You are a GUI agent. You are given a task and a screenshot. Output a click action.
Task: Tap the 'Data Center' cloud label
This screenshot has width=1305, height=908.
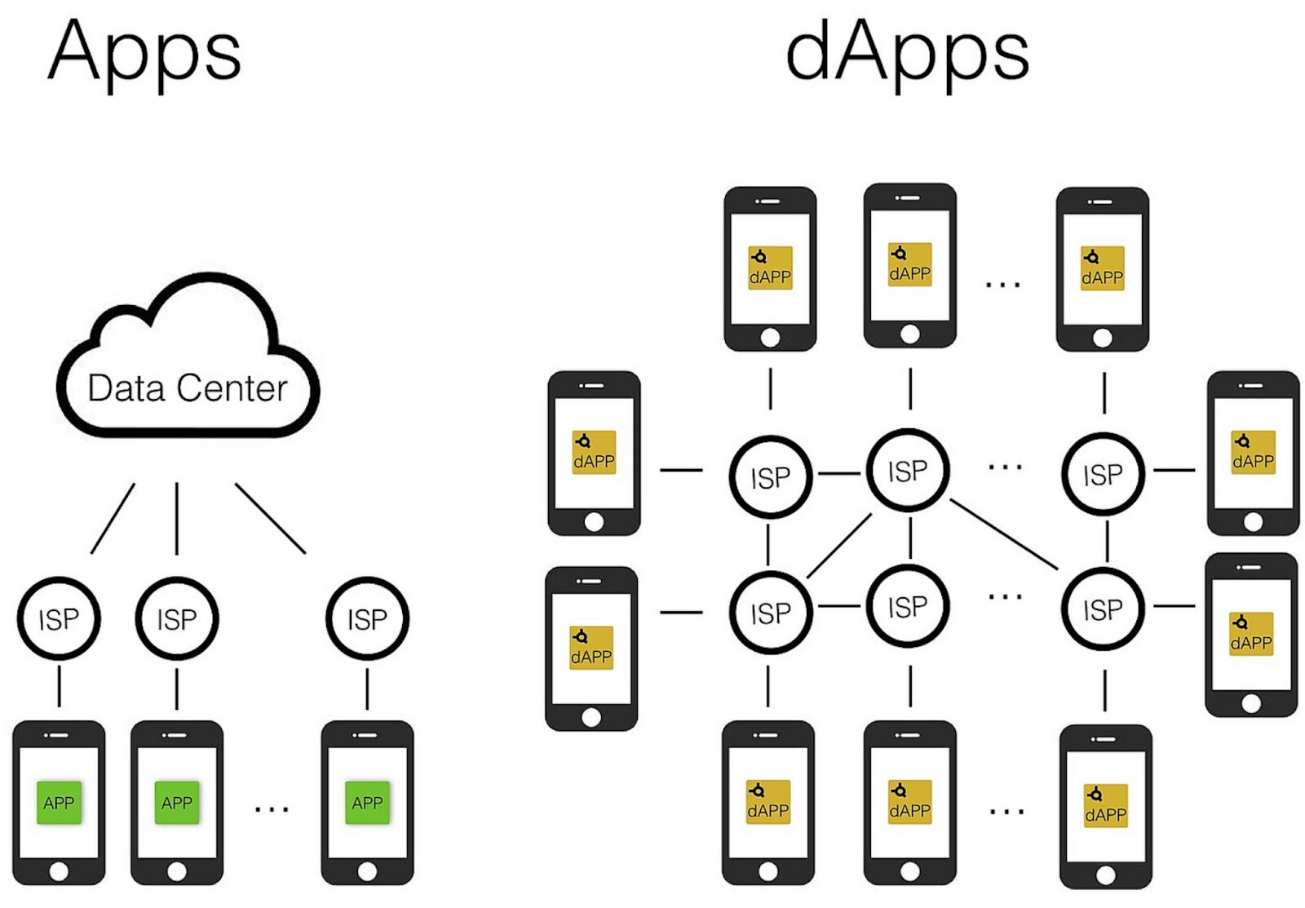click(x=188, y=388)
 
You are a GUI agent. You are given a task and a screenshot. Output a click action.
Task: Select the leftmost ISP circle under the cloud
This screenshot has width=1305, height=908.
click(x=59, y=619)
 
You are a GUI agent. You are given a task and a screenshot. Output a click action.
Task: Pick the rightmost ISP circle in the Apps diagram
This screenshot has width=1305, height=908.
click(x=367, y=619)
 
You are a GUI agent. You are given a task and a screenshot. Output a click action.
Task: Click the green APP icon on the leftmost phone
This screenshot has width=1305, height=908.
click(x=59, y=803)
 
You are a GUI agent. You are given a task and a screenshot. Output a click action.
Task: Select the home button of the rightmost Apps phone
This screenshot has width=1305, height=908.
click(x=367, y=870)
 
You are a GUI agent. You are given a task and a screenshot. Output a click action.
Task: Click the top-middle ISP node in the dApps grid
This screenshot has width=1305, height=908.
click(x=908, y=471)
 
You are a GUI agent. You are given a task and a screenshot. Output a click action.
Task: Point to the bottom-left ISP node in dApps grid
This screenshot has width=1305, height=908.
click(x=770, y=613)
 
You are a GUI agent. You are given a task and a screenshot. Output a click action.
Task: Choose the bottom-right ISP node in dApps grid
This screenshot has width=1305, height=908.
click(x=1103, y=609)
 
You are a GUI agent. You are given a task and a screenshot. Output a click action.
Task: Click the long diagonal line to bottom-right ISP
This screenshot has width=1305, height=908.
click(x=1005, y=535)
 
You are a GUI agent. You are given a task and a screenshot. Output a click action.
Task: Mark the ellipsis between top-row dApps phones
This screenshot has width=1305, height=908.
click(x=1002, y=285)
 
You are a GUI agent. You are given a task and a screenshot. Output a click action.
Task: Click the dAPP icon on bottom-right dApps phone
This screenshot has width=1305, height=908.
click(x=1105, y=806)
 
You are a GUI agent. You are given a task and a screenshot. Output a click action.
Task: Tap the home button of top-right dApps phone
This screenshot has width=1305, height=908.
click(x=1102, y=338)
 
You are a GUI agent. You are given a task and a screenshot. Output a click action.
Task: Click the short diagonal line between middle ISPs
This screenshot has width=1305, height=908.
click(x=839, y=545)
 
